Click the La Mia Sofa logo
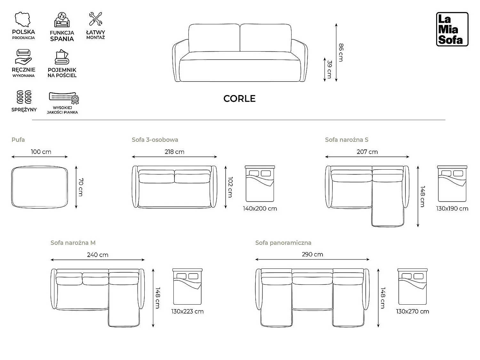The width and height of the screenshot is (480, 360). [x=452, y=29]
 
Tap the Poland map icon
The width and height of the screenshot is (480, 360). [x=22, y=20]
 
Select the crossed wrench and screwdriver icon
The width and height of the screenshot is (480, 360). [x=96, y=19]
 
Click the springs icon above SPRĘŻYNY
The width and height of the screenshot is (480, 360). [x=24, y=97]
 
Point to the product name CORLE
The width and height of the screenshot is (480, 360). [x=239, y=99]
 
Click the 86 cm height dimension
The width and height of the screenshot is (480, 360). [x=341, y=52]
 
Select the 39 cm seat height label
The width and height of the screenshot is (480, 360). [x=329, y=69]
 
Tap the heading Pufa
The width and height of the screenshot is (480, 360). [x=18, y=140]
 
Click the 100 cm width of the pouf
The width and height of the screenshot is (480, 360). [x=41, y=152]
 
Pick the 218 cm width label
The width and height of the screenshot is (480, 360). [x=174, y=152]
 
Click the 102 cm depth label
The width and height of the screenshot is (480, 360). [x=230, y=187]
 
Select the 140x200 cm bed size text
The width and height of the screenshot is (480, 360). [x=260, y=209]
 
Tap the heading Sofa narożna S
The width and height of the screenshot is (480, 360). [x=347, y=140]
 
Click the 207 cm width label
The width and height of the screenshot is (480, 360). [x=367, y=152]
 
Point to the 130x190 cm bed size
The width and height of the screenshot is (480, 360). [x=452, y=209]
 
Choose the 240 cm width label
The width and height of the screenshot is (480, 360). [x=98, y=255]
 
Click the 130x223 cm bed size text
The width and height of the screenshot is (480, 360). [x=188, y=311]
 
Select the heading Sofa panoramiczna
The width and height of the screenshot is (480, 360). [x=283, y=243]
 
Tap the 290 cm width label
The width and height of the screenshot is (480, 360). [x=312, y=254]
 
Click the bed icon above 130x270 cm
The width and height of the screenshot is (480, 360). [x=412, y=286]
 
